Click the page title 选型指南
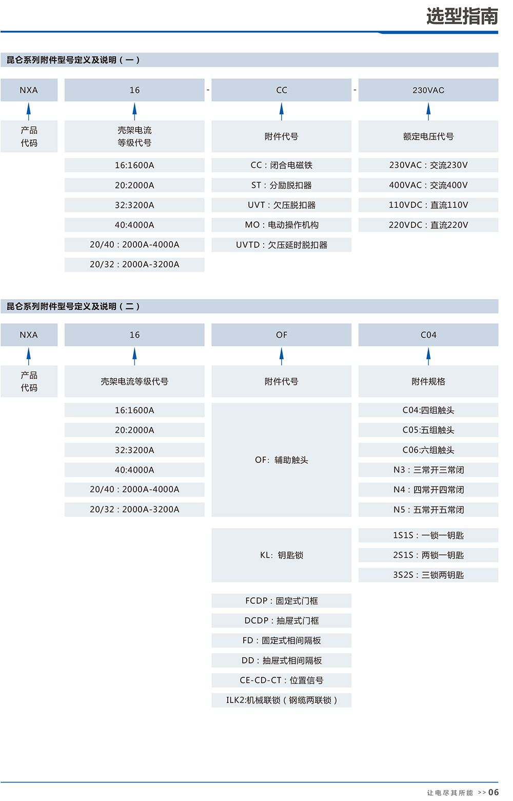(462, 16)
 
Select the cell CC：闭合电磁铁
(281, 165)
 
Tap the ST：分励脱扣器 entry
(281, 185)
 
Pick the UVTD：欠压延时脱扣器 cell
(281, 245)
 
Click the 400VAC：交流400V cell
(428, 185)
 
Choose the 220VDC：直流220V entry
(428, 225)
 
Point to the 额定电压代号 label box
(428, 136)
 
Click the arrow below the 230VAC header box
(428, 111)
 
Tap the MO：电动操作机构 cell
(281, 225)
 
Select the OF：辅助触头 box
(281, 460)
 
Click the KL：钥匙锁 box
(281, 555)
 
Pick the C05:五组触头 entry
(428, 430)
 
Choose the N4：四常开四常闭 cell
(428, 490)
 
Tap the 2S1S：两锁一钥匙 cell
(428, 555)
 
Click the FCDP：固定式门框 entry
(281, 601)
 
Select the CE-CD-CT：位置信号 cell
(281, 680)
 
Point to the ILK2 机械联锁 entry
(281, 700)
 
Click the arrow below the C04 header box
(428, 357)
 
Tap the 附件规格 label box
(428, 381)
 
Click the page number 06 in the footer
(494, 792)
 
